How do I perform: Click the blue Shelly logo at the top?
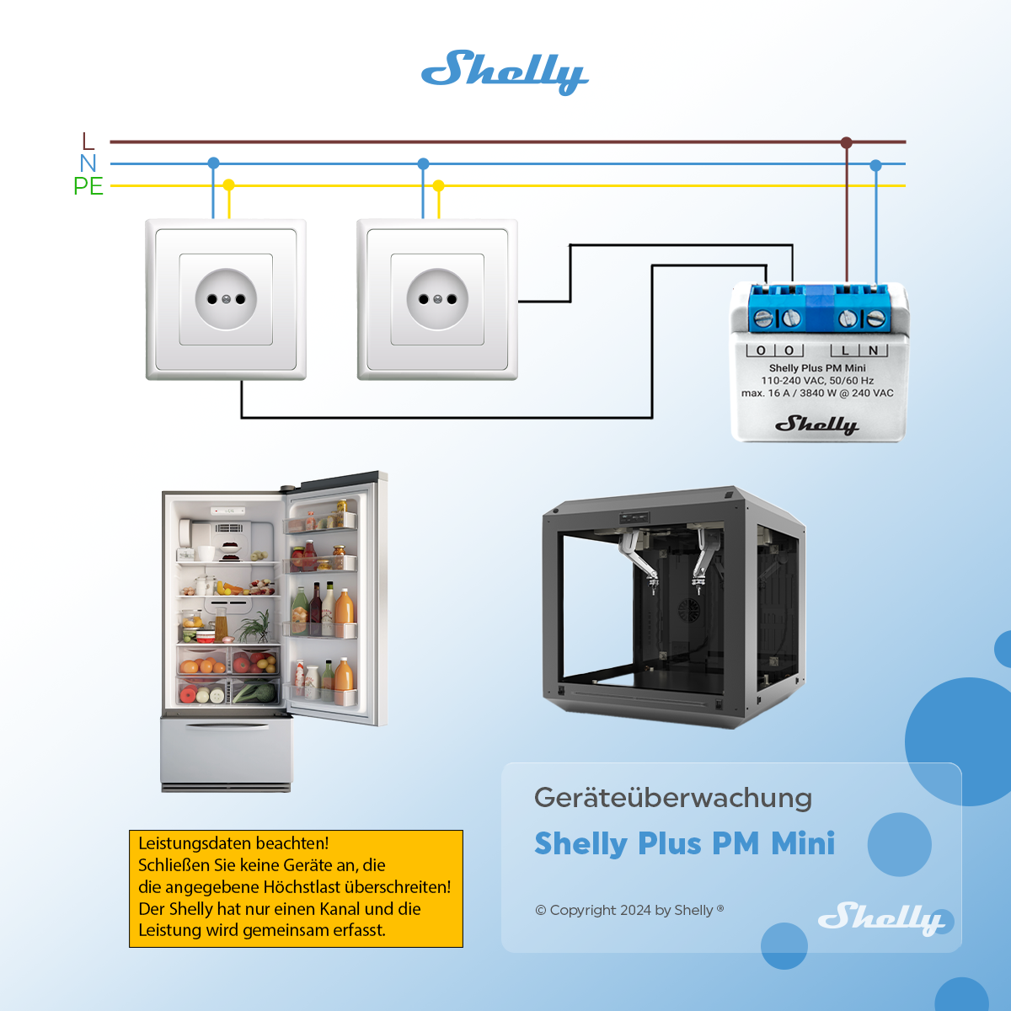click(505, 72)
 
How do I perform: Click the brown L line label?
click(88, 142)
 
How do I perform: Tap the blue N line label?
click(88, 163)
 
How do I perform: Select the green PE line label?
click(88, 186)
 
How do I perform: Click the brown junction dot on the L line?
click(846, 142)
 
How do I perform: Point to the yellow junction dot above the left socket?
click(229, 185)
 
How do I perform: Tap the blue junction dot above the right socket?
click(424, 163)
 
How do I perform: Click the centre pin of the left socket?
click(226, 299)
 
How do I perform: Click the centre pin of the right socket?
click(437, 299)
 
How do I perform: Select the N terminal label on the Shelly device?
click(873, 350)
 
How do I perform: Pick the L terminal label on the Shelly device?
click(845, 350)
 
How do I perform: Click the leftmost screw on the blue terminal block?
click(762, 318)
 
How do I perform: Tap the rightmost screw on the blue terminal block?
click(875, 318)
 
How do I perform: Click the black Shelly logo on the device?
click(817, 425)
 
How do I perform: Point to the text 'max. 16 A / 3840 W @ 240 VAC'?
click(817, 393)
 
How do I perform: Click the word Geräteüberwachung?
click(673, 798)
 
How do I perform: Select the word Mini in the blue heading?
click(803, 843)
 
